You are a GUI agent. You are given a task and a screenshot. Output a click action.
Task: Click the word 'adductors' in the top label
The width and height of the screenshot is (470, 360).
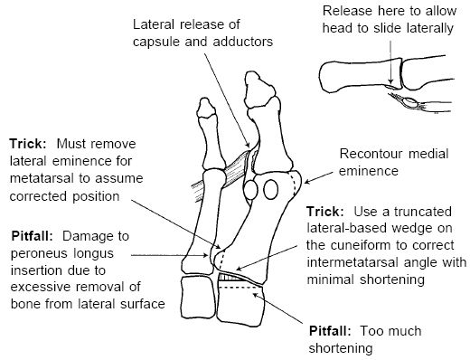242,42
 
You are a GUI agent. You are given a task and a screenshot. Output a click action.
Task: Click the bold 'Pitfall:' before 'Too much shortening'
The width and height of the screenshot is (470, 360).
330,331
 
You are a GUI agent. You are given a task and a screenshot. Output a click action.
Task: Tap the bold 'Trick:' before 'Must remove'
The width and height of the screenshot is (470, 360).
28,144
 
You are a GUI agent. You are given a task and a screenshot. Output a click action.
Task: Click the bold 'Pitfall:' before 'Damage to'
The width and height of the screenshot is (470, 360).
32,236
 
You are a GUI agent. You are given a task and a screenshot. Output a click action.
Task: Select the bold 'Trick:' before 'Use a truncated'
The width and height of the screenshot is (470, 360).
325,212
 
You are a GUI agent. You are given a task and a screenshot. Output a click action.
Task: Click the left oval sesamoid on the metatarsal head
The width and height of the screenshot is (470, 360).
250,190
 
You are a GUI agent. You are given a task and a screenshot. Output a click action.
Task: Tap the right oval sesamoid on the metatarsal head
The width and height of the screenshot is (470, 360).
270,189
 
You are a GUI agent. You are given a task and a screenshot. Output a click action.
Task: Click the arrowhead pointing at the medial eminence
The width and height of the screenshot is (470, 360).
306,181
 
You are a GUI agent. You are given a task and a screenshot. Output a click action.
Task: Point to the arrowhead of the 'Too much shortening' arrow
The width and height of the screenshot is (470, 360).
256,295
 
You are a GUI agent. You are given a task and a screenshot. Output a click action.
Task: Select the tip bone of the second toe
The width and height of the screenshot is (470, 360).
206,108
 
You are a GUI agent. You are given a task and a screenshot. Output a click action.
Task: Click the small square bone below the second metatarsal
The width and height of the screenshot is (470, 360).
198,298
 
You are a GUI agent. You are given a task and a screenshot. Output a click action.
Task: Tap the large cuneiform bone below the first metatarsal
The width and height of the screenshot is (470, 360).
240,302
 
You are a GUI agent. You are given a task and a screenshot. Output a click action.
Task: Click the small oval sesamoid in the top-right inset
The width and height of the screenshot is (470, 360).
410,102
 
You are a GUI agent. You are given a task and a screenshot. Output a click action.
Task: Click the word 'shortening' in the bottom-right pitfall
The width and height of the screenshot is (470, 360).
341,348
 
